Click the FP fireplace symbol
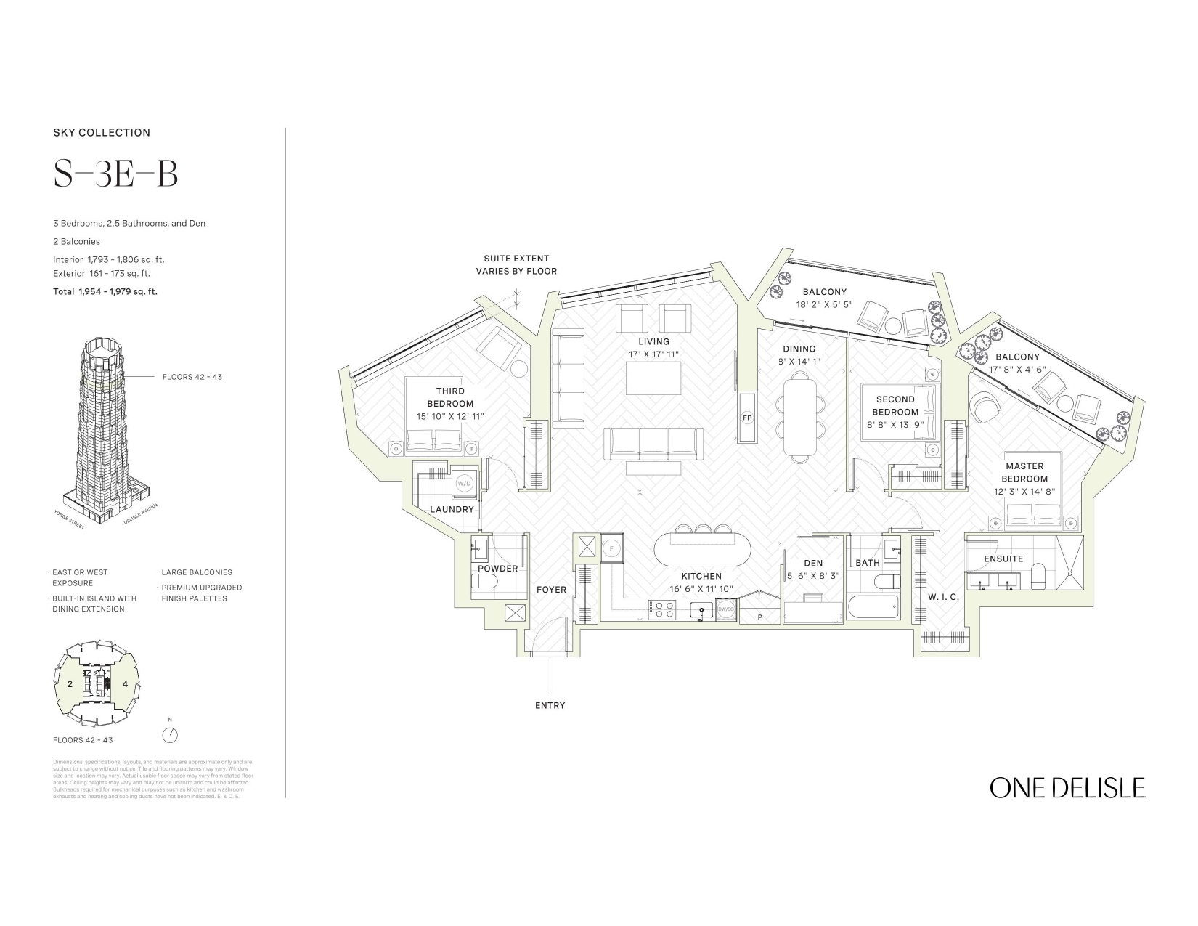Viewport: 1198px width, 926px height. (746, 418)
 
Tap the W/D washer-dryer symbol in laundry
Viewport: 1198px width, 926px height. (463, 482)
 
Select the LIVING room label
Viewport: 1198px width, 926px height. (653, 341)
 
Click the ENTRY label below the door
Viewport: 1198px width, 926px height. (550, 705)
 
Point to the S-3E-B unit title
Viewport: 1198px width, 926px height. (115, 174)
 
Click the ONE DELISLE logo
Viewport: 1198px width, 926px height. (1067, 788)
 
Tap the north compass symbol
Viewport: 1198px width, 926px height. (170, 735)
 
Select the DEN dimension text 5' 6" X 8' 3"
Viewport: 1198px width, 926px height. (813, 575)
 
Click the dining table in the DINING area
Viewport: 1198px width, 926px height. (799, 418)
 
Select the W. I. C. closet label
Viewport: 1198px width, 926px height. (943, 597)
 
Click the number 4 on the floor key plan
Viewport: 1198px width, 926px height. (125, 684)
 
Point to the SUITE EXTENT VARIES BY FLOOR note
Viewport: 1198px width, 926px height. (516, 264)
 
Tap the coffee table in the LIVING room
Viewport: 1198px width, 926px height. (653, 378)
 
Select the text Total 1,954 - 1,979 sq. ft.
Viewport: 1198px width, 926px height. (105, 291)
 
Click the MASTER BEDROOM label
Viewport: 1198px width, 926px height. (1024, 472)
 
